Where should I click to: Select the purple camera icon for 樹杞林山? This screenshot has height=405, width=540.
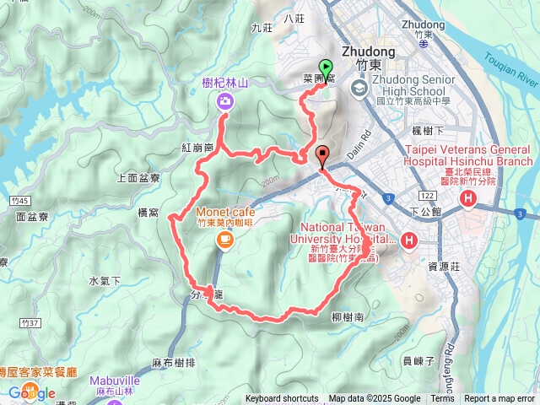pos(225,102)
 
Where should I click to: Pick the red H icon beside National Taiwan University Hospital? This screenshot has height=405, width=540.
pos(409,241)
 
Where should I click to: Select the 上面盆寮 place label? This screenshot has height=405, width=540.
pos(139,178)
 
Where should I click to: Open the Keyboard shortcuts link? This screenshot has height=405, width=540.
pos(282,399)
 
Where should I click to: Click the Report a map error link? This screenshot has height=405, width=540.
pos(500,399)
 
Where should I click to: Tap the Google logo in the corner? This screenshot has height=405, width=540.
pos(32,392)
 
